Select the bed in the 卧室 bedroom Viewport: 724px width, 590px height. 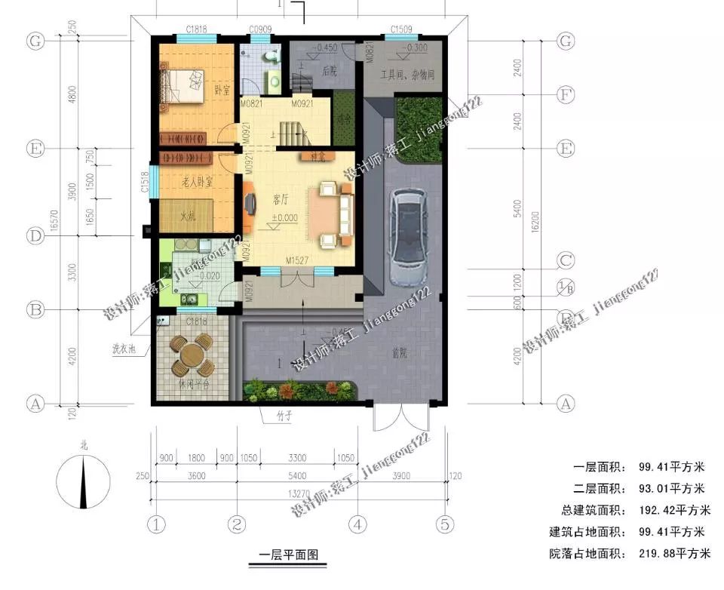(x=183, y=85)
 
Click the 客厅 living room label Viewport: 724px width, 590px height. (x=281, y=200)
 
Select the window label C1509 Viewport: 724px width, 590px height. (x=401, y=29)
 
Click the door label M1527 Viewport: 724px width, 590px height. (x=299, y=260)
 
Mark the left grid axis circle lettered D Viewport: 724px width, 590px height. (x=34, y=236)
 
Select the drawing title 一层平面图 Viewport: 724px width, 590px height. (x=289, y=555)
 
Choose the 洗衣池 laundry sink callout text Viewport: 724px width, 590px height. (x=124, y=349)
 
